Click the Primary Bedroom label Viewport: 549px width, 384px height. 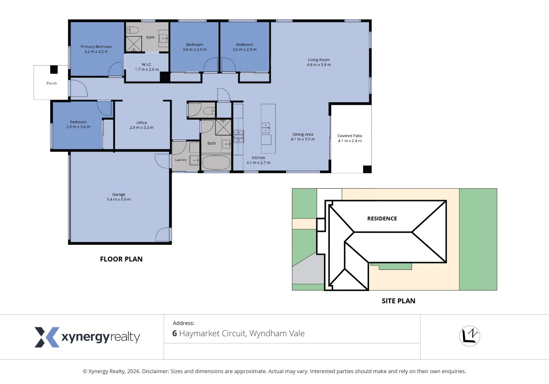click(x=96, y=47)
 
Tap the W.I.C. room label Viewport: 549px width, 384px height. click(x=147, y=64)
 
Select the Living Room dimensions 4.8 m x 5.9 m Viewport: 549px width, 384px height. click(x=319, y=65)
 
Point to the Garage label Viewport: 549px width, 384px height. click(x=119, y=194)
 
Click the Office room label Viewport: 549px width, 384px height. click(x=142, y=123)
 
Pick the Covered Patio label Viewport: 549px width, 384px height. click(x=350, y=136)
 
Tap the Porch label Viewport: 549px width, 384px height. click(x=52, y=83)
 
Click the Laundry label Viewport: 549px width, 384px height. click(x=181, y=160)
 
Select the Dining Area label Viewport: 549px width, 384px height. click(x=303, y=134)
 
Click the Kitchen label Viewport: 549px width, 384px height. click(x=258, y=158)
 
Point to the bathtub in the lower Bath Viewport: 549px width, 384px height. click(x=216, y=163)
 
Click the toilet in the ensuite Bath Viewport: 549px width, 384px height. click(x=133, y=30)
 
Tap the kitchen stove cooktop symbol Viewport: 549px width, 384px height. click(x=238, y=136)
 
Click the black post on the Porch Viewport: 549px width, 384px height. click(x=54, y=70)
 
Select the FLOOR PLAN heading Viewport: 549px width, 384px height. click(x=121, y=259)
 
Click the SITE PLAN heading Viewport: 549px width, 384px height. click(x=398, y=301)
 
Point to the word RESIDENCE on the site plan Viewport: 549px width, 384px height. click(x=382, y=218)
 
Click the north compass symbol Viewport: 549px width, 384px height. click(x=470, y=336)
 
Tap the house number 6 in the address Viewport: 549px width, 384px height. click(x=175, y=333)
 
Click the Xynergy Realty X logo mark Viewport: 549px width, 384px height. click(x=47, y=337)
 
